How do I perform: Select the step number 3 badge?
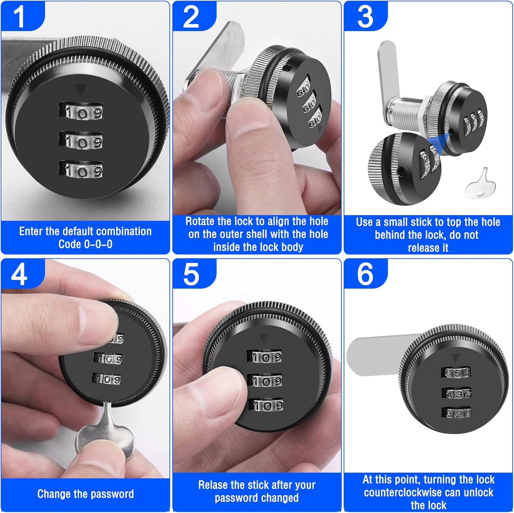click(365, 16)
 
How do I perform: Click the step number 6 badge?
click(365, 274)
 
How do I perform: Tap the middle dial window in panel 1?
click(81, 141)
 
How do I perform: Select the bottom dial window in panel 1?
click(81, 170)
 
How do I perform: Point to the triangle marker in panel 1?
click(81, 89)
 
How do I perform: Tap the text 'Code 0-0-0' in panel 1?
click(85, 244)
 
